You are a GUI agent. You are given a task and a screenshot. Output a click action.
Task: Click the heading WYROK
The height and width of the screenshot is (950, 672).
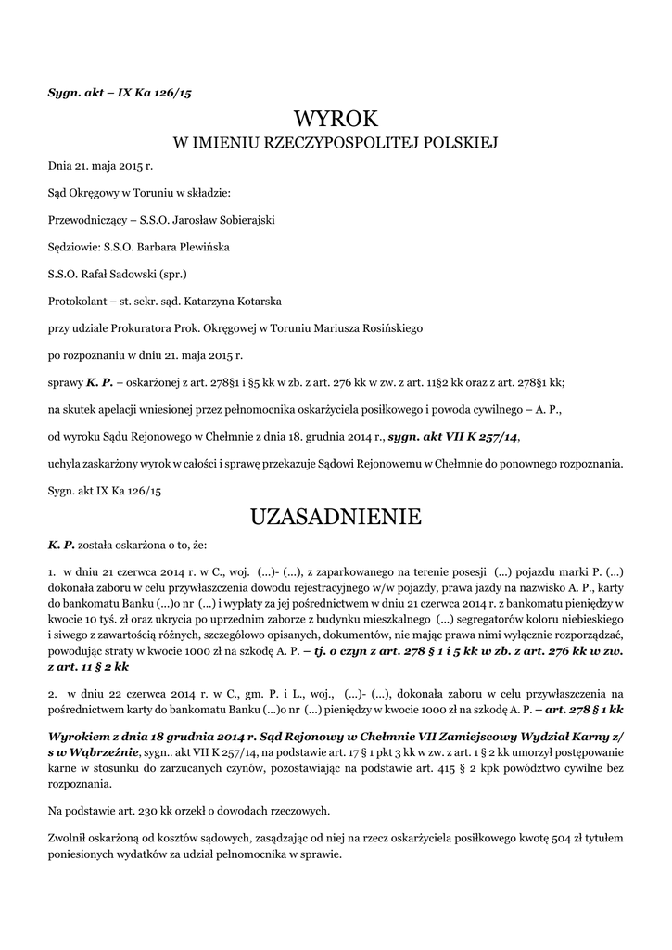(336, 119)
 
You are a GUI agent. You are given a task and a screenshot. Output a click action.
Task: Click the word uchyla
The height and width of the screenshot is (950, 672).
(64, 463)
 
